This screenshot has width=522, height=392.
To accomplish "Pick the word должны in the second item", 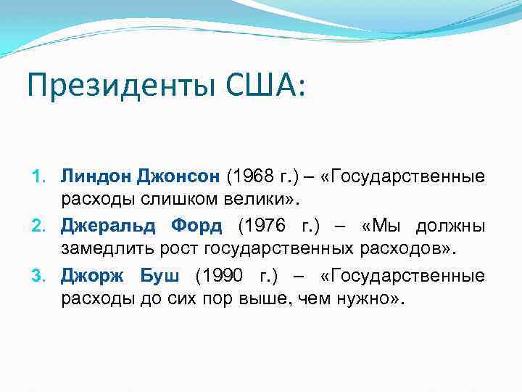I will pos(449,226).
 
